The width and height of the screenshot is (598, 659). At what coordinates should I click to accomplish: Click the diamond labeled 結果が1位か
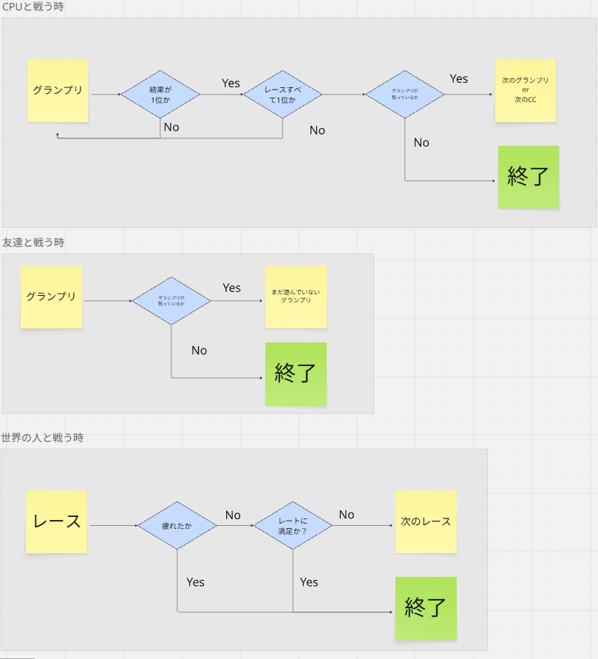point(160,95)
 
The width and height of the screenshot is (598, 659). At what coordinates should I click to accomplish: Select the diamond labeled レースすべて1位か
point(283,95)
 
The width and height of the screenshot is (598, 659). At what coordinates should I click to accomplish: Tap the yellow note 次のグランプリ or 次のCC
point(525,90)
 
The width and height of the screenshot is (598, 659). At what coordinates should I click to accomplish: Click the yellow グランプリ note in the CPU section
point(58,90)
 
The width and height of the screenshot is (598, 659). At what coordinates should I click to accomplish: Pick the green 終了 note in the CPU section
point(528,177)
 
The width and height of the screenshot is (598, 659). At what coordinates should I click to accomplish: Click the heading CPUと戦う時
point(33,7)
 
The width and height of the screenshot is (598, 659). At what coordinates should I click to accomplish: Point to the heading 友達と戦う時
point(33,242)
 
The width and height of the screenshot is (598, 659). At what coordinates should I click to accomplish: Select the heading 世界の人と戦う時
point(42,437)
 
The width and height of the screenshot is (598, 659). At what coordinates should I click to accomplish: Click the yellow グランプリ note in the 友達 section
point(51,297)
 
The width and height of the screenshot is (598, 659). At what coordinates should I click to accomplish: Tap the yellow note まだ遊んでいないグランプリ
point(296,297)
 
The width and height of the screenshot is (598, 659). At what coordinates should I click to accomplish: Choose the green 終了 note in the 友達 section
point(296,374)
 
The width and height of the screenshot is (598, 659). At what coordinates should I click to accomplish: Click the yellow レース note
point(56,521)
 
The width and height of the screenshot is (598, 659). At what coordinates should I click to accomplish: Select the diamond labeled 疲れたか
point(177,526)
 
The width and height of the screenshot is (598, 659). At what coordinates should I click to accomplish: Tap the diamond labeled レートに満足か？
point(293,526)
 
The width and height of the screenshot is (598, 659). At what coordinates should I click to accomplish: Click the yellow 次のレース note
point(426,521)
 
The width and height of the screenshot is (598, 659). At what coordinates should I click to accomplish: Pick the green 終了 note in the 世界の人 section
point(426,608)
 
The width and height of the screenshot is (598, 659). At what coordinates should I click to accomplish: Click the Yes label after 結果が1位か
point(231,84)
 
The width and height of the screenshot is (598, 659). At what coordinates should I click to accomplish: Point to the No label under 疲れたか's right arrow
point(233,515)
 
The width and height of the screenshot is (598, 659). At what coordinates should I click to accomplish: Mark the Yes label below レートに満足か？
point(309,582)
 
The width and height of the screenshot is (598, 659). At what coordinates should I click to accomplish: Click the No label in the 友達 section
point(199,351)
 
